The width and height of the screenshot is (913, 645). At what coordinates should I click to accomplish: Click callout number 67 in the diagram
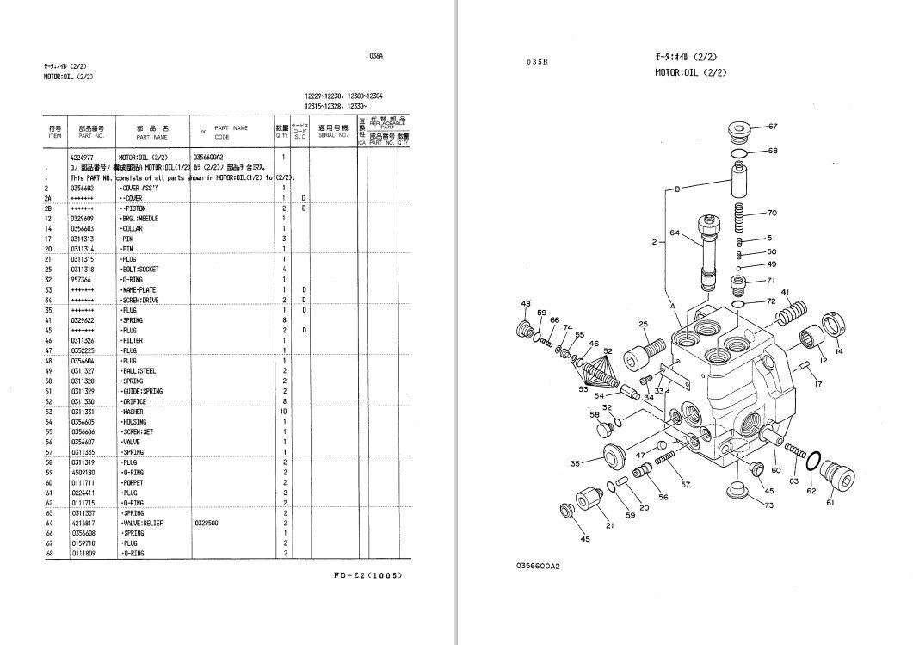772,127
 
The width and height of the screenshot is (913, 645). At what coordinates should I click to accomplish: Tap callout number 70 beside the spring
772,213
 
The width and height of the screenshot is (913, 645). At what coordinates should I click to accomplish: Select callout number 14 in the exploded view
839,350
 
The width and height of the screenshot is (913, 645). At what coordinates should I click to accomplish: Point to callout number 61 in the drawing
830,502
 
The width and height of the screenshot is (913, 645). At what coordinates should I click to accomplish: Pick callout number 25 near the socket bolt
643,324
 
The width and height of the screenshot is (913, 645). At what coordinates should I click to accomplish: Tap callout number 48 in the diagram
525,303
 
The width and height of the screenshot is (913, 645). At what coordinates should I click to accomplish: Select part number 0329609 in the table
83,219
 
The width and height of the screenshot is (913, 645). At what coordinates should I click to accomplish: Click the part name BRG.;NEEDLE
140,219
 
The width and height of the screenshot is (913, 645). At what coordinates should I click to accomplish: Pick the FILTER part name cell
133,341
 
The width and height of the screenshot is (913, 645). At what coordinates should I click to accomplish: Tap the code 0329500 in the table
207,523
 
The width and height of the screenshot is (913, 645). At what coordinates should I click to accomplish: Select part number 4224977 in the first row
83,158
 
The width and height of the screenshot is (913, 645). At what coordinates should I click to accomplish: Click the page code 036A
375,54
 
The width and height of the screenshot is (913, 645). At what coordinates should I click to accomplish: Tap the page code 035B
538,62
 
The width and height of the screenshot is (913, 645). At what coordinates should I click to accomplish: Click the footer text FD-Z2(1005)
367,574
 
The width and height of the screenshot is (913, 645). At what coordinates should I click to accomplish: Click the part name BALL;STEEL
140,371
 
